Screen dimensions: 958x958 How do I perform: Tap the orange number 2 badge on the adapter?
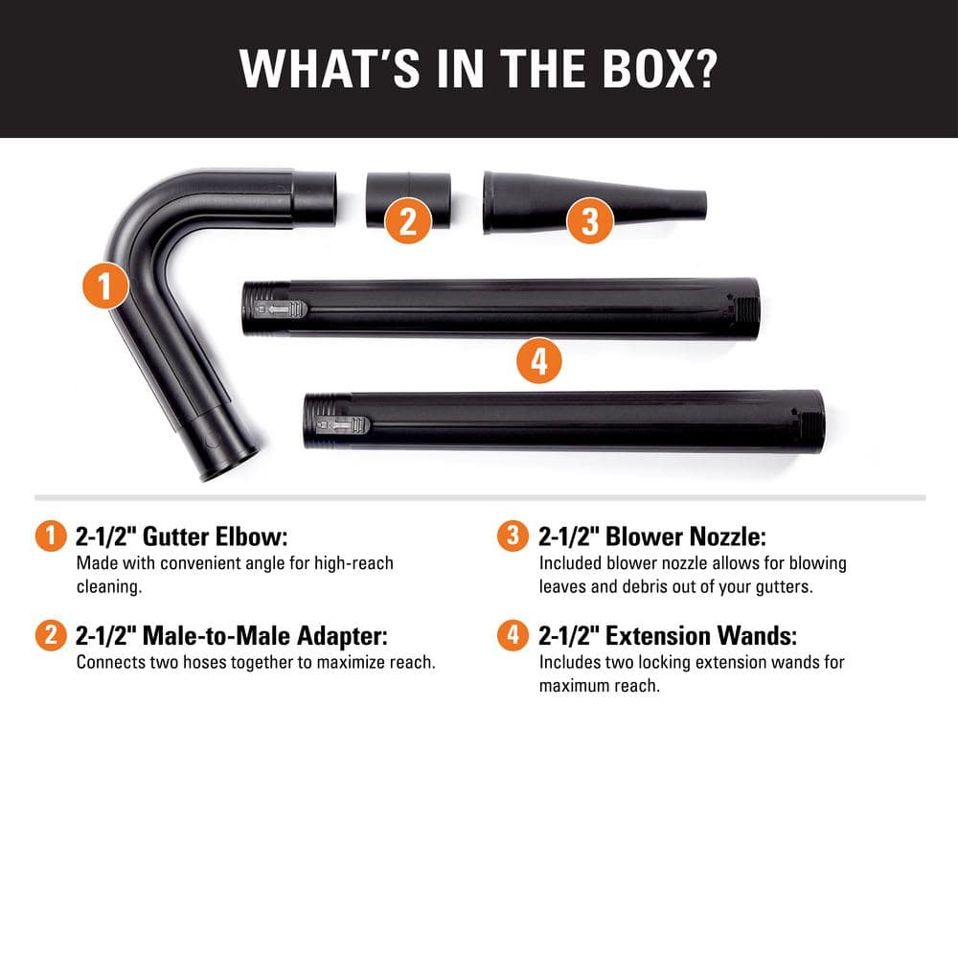(408, 222)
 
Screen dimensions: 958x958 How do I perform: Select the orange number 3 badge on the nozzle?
(590, 222)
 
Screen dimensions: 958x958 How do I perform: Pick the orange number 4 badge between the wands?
(538, 362)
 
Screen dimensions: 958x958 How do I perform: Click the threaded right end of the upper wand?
(748, 308)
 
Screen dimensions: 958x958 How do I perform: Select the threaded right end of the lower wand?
(813, 421)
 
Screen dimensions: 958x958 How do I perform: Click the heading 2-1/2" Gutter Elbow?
(181, 536)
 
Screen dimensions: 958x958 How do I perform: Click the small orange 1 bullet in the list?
(51, 536)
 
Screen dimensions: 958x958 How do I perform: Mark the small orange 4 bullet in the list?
(513, 635)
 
